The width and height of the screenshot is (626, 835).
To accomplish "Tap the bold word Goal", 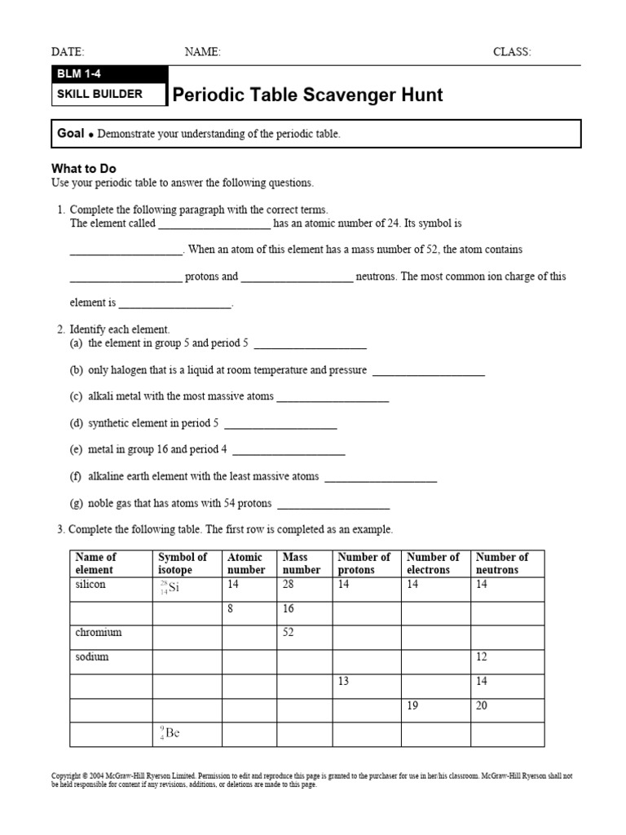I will coord(71,133).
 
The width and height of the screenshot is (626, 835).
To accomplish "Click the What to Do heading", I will coord(84,169).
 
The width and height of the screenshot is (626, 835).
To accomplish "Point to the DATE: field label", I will coord(68,52).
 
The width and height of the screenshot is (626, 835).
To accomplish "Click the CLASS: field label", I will coord(512,52).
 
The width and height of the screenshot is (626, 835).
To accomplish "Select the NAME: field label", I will coord(202,52).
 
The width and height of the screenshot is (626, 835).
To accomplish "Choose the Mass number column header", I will coord(301,563).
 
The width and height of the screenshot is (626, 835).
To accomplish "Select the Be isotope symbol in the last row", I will coord(170,733).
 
